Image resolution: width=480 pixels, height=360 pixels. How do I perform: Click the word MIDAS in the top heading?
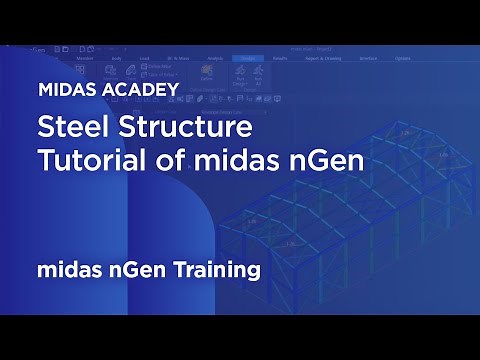coord(65,89)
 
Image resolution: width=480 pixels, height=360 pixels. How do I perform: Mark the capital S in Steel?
coord(44,129)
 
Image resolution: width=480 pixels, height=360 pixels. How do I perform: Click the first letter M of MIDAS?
coord(45,89)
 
